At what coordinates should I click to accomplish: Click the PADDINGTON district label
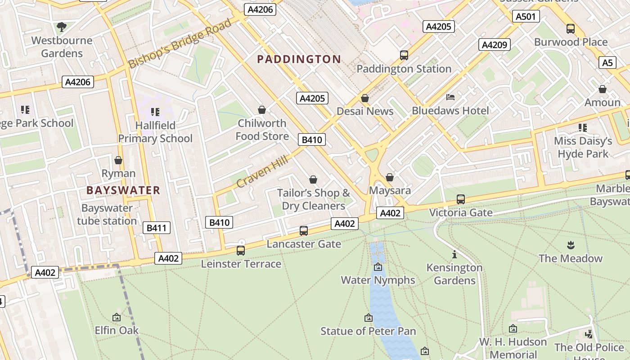click(299, 59)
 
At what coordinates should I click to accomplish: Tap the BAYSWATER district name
click(123, 190)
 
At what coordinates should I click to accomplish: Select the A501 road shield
click(526, 17)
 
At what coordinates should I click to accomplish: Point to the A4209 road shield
click(495, 45)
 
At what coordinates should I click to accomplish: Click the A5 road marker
click(607, 63)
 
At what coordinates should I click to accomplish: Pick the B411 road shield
click(157, 228)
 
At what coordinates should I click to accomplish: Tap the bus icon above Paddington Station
click(404, 55)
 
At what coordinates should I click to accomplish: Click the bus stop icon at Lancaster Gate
click(304, 231)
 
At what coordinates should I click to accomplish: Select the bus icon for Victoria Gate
click(460, 199)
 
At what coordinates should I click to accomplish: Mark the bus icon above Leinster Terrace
click(241, 251)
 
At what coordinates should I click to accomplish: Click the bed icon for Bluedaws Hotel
click(450, 97)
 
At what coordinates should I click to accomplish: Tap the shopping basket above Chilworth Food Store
click(261, 110)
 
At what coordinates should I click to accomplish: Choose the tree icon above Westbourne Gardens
click(62, 27)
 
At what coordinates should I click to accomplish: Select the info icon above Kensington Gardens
click(454, 255)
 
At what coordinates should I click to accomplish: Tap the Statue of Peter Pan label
click(368, 331)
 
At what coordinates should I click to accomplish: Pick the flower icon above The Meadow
click(571, 245)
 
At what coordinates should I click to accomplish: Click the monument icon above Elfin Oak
click(117, 317)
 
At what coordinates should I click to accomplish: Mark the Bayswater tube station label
click(107, 215)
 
